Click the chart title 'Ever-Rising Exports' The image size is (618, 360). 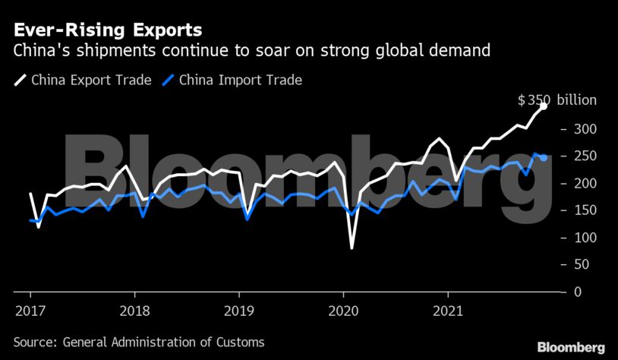tap(106, 31)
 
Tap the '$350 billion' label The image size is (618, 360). tap(557, 100)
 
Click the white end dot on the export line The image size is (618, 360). tap(544, 106)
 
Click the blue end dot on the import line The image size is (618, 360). tap(544, 157)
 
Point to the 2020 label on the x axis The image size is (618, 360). tap(343, 310)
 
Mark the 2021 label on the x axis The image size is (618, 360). tap(447, 310)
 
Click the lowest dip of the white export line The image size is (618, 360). tap(352, 248)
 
